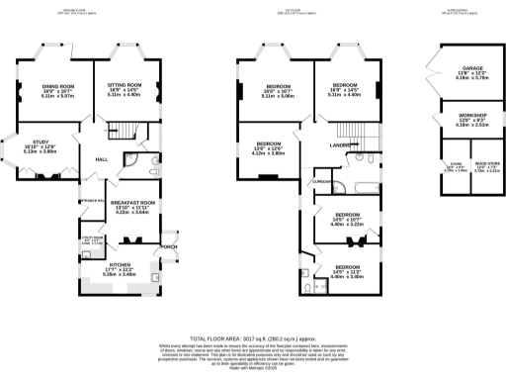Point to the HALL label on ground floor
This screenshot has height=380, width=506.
tap(101, 158)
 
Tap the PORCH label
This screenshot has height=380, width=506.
tap(169, 246)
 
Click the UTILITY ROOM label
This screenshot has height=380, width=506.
tap(78, 237)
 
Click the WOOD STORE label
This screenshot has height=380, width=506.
tap(485, 163)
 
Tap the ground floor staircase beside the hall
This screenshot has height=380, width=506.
tap(121, 131)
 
